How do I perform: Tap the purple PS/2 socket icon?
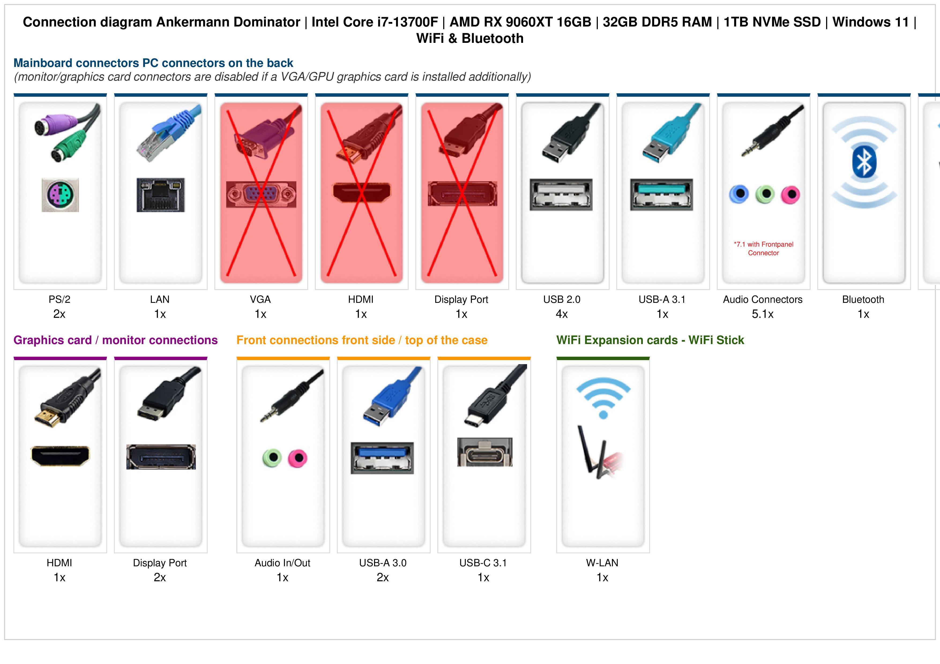click(x=60, y=195)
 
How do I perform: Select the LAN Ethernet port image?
click(x=161, y=195)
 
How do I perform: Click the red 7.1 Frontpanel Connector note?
click(x=763, y=249)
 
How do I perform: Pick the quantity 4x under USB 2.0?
click(x=562, y=314)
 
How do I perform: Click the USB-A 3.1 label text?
click(x=662, y=300)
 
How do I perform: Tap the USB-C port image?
click(x=485, y=452)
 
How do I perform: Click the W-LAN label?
click(x=602, y=563)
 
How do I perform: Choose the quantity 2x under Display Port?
click(x=160, y=578)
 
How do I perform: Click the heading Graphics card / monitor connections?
click(x=115, y=340)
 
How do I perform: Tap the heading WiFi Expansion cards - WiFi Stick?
click(x=650, y=340)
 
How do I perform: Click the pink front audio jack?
click(x=298, y=458)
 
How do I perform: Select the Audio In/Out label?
click(x=282, y=563)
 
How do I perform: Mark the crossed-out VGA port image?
click(x=261, y=194)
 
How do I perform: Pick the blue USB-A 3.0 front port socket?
click(x=382, y=458)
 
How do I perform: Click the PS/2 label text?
click(x=59, y=300)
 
